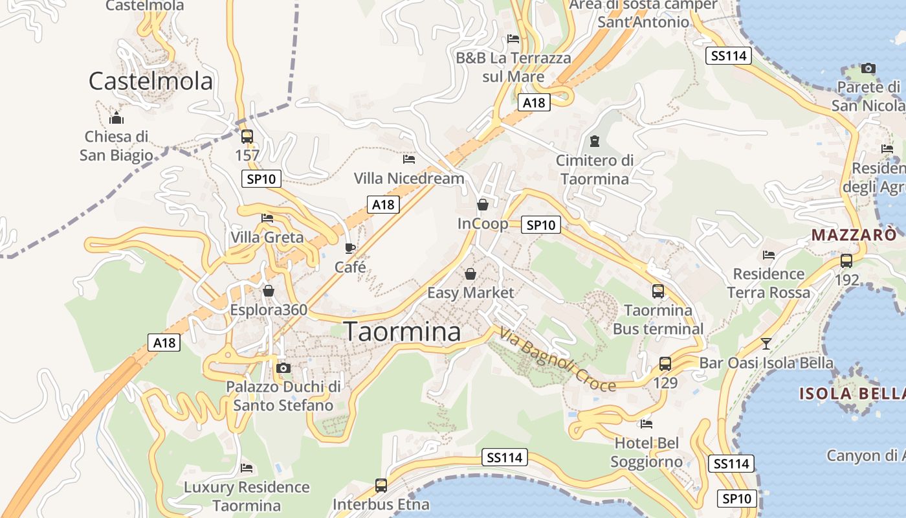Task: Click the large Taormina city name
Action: (x=402, y=332)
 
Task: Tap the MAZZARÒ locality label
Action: (x=854, y=234)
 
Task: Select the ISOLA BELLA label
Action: (x=852, y=393)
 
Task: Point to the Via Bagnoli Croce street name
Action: (x=557, y=360)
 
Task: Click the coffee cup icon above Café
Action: (x=350, y=248)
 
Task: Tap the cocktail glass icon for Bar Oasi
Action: (x=766, y=343)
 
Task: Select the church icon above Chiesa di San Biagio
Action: (x=116, y=118)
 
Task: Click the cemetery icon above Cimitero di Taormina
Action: (x=594, y=141)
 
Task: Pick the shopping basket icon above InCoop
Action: (x=483, y=205)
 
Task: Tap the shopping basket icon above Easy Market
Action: (x=470, y=273)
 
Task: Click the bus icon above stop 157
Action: (x=247, y=136)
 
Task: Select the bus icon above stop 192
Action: (x=846, y=261)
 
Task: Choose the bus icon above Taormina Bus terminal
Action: (x=658, y=291)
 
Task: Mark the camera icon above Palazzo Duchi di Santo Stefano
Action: (x=283, y=368)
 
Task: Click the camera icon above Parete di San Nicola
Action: (x=868, y=68)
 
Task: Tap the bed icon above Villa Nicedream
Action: (x=408, y=159)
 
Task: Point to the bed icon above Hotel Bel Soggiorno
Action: (x=646, y=424)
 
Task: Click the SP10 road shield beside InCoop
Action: (x=541, y=225)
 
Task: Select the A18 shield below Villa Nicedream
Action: (x=382, y=205)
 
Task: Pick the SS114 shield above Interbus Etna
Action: (x=505, y=458)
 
